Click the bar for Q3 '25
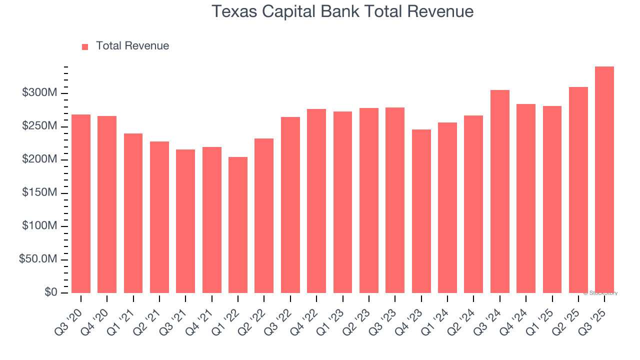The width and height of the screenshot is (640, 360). point(604,180)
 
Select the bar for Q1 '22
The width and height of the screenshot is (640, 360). point(238,225)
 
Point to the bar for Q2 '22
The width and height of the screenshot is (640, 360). point(264,215)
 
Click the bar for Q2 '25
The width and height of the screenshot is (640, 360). point(578,190)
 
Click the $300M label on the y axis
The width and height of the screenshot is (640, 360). point(39,93)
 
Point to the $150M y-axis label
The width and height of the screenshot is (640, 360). point(39,193)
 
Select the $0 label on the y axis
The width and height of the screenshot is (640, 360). point(50,292)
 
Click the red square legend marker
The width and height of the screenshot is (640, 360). point(85,46)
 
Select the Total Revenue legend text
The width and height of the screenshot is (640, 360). point(132,46)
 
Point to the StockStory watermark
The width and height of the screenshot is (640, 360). point(600,293)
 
